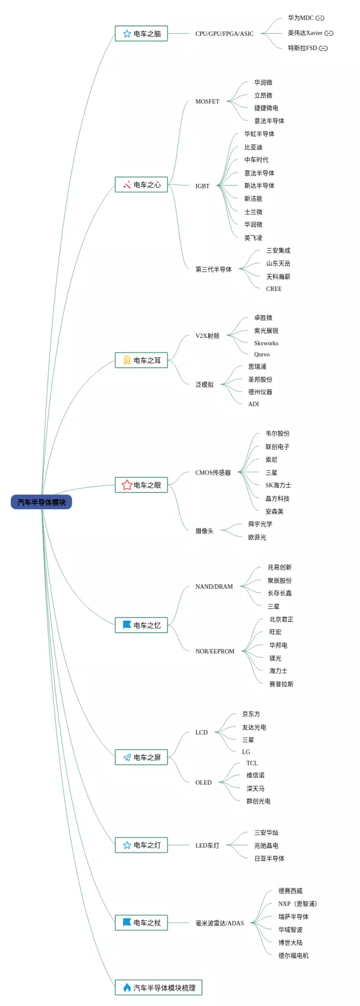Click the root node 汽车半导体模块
pos(41,502)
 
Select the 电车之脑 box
pos(141,34)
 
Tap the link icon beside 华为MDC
pos(319,18)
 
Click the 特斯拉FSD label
pos(303,48)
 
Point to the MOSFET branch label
pos(207,102)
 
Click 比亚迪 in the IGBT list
pos(253,147)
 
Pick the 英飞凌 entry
pos(253,238)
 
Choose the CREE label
pos(274,289)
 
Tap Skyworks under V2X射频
pos(266,343)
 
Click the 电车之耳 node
pos(141,360)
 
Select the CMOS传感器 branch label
pos(213,473)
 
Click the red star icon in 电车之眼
pos(127,485)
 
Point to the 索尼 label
pos(271,460)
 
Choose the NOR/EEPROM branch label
pos(215,651)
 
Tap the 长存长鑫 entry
pos(280,593)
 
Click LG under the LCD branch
pos(246,752)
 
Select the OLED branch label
pos(203,783)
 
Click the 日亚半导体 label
pos(269,859)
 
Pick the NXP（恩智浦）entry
pos(298,904)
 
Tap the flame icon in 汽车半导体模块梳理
pos(127,987)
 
